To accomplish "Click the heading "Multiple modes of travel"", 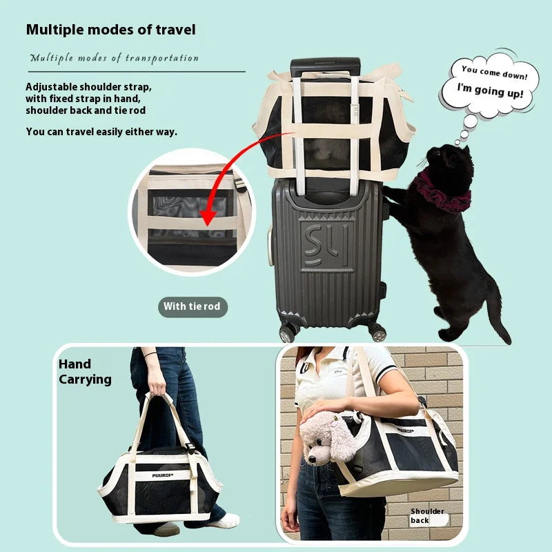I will (110, 30).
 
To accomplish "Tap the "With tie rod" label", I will (193, 306).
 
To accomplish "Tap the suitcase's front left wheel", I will (286, 333).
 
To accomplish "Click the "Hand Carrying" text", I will (84, 371).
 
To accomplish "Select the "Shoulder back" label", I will (428, 515).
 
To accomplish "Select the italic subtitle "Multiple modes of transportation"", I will (114, 58).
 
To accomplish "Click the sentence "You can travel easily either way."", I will (101, 131).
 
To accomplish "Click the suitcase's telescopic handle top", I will (325, 67).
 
